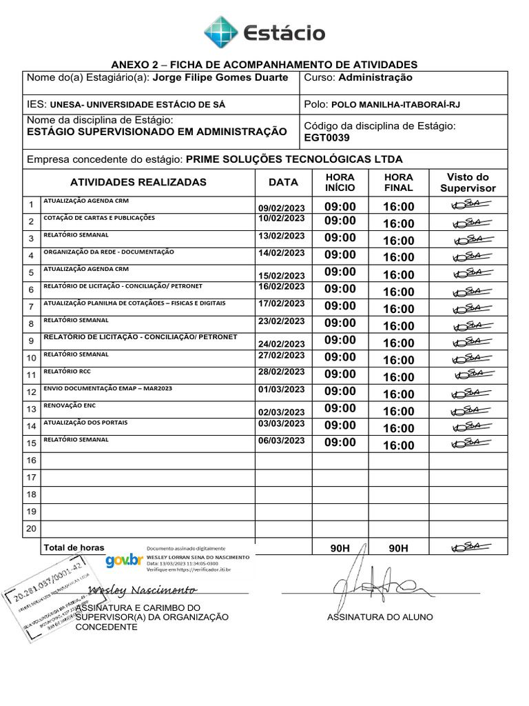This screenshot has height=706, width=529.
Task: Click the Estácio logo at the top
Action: pos(264,32)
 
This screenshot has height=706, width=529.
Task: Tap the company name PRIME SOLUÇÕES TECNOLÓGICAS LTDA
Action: pos(294,159)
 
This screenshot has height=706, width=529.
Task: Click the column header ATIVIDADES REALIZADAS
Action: pos(138,183)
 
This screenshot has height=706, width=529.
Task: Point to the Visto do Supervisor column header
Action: pos(468,183)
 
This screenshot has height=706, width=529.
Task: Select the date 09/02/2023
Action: pos(281,209)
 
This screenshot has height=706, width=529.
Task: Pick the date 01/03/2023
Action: pos(281,390)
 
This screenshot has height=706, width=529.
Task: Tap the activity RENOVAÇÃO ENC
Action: pos(68,406)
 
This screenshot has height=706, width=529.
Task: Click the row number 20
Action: pos(31,529)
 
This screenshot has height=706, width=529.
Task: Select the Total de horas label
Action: pos(74,547)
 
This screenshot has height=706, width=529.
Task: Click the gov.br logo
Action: pos(125,561)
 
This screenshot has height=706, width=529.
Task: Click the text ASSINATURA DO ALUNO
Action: pos(380,617)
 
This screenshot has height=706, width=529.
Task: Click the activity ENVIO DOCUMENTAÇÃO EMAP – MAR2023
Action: pos(107,389)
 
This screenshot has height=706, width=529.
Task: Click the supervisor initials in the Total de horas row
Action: pos(468,547)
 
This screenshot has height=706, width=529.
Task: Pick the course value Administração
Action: pos(375,78)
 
